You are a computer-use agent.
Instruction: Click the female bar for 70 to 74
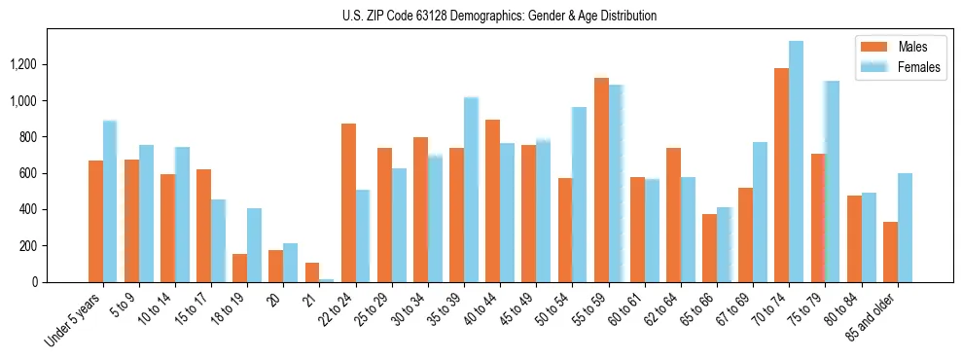[x=797, y=162]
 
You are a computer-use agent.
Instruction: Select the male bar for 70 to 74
[x=781, y=175]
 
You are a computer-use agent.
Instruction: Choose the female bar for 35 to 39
[x=471, y=190]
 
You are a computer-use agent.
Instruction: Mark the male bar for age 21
[x=312, y=272]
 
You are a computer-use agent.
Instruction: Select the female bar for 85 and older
[x=905, y=228]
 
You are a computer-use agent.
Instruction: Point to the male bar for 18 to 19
[x=239, y=268]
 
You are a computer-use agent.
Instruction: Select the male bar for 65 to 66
[x=709, y=248]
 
